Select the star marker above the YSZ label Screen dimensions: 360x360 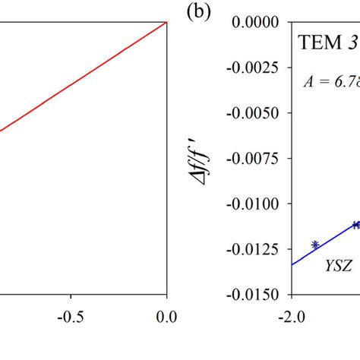(314, 245)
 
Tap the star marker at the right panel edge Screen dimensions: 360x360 (356, 225)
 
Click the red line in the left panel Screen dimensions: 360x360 (84, 76)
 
